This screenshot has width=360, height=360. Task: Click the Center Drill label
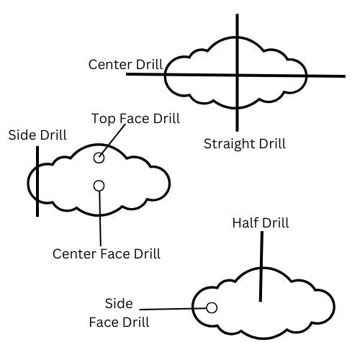(x=126, y=64)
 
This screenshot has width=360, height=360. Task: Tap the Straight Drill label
(x=245, y=144)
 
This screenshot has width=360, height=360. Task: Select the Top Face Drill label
(x=135, y=119)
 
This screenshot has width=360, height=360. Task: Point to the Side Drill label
(x=37, y=135)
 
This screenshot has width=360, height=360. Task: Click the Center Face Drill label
(x=107, y=253)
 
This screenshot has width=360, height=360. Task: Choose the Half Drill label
(x=261, y=222)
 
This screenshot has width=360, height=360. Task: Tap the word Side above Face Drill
(x=119, y=304)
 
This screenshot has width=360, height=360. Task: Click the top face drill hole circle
(x=99, y=153)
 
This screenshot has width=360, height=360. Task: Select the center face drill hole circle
(x=99, y=181)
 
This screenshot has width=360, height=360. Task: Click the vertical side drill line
(x=37, y=181)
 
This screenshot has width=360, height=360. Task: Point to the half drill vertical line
(x=261, y=266)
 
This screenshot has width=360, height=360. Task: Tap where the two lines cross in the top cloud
(x=237, y=76)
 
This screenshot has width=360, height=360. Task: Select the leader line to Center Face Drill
(x=100, y=218)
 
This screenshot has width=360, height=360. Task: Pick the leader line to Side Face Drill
(x=173, y=309)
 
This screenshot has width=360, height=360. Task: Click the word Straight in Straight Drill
(x=228, y=144)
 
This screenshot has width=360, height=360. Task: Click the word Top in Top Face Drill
(x=104, y=119)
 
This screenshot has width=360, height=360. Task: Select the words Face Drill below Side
(x=120, y=323)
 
